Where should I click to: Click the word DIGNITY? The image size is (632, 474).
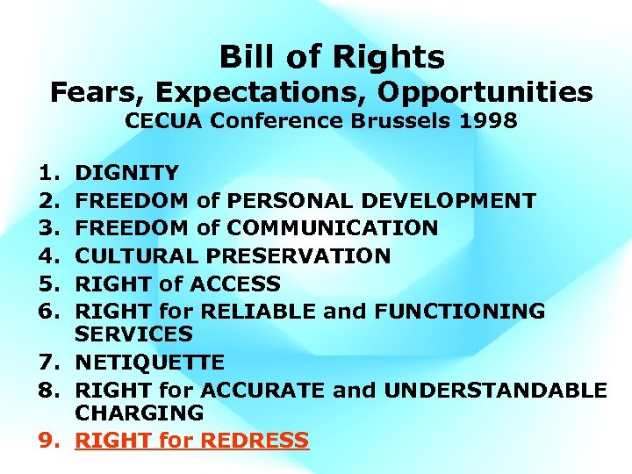(127, 173)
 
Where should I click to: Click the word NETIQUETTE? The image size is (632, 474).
(150, 363)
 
